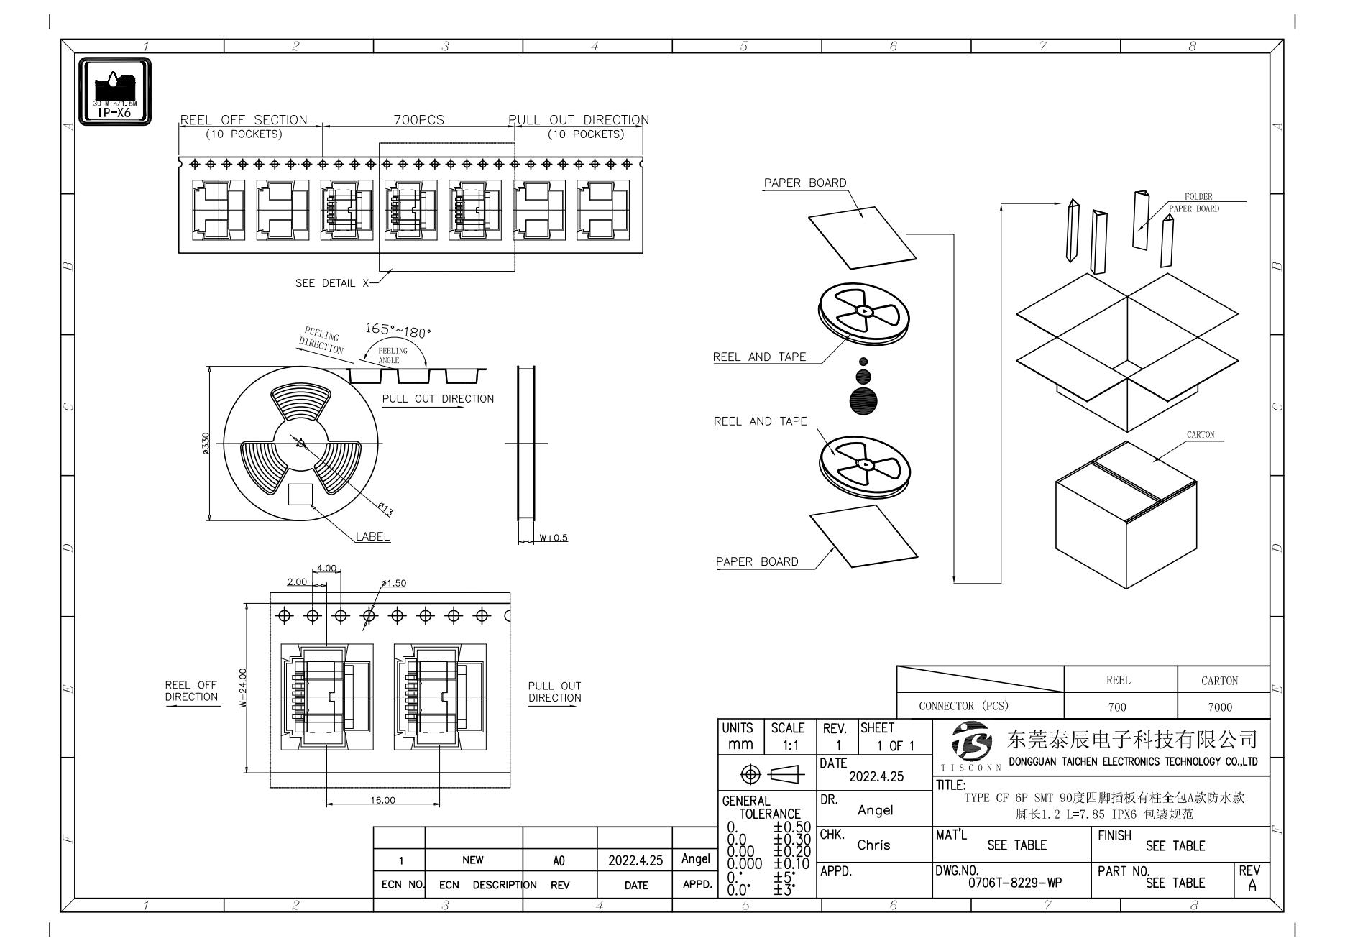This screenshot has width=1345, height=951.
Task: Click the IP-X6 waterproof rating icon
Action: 114,91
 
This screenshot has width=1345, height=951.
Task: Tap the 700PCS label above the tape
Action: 418,120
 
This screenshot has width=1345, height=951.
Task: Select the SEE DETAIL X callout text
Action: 331,283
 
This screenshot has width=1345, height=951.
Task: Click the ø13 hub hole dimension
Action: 385,510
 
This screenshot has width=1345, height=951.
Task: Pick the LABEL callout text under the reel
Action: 372,536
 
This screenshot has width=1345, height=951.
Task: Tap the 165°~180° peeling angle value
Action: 398,330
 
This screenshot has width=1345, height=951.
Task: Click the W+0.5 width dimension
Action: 553,538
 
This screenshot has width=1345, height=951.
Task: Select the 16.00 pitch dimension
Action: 383,800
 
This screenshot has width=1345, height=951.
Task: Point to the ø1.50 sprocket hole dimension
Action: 393,583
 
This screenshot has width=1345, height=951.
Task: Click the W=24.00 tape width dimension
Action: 243,688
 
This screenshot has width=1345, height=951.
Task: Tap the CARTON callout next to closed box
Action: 1201,435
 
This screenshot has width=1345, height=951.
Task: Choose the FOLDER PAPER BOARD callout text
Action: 1194,203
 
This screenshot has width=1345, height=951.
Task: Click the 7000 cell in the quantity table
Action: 1220,707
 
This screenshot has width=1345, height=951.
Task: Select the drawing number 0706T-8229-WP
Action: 1014,883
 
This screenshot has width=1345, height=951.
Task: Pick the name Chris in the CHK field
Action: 873,845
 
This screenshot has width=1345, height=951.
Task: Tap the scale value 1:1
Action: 788,745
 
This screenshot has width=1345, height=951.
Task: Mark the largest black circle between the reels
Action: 863,400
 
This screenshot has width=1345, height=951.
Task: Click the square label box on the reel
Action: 300,495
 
